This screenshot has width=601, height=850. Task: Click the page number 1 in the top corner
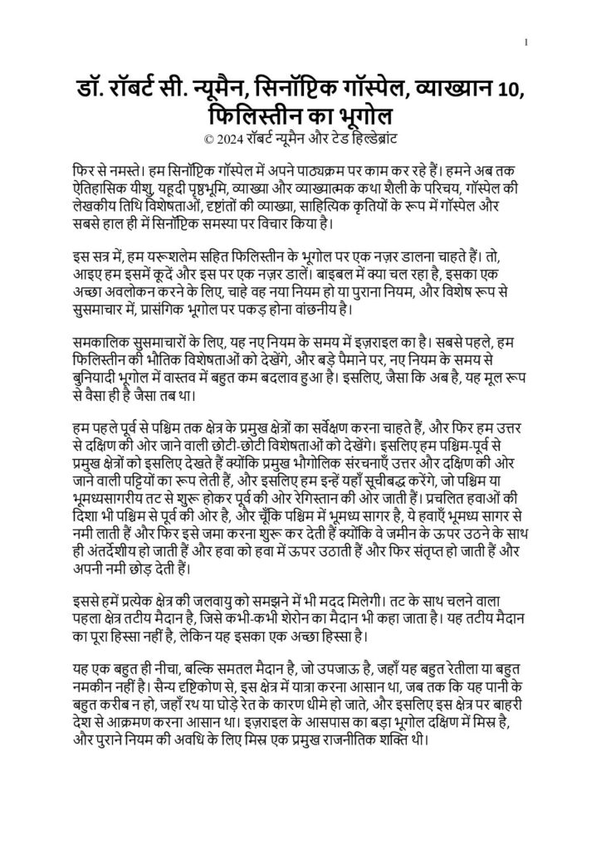[527, 42]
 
